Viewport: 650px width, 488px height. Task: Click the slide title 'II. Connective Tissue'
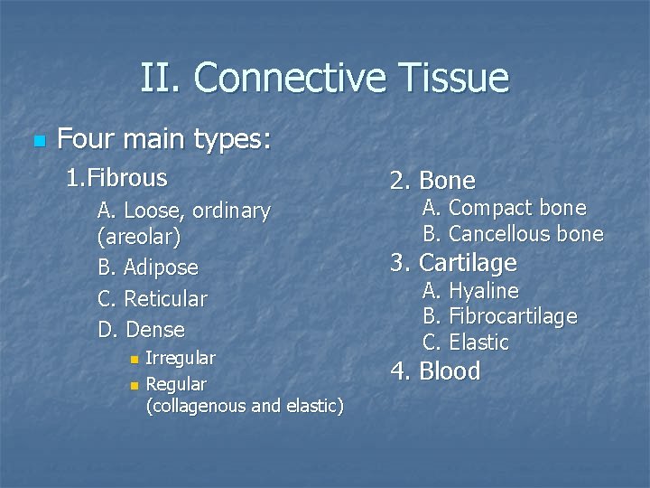pyautogui.click(x=324, y=79)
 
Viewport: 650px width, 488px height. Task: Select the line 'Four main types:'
pyautogui.click(x=163, y=139)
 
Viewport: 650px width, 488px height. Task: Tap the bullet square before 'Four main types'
pyautogui.click(x=37, y=142)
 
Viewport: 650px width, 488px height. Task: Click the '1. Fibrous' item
pyautogui.click(x=116, y=177)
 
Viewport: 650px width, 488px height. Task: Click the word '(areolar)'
pyautogui.click(x=139, y=237)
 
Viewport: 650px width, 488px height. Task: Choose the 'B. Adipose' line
pyautogui.click(x=147, y=267)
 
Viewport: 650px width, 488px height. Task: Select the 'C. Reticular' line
pyautogui.click(x=152, y=298)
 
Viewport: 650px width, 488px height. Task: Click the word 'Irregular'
pyautogui.click(x=181, y=359)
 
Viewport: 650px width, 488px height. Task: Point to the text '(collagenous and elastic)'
pyautogui.click(x=244, y=407)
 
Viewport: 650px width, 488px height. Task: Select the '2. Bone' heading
pyautogui.click(x=432, y=181)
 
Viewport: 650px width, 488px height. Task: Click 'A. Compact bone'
pyautogui.click(x=505, y=208)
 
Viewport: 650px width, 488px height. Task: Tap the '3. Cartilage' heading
pyautogui.click(x=453, y=263)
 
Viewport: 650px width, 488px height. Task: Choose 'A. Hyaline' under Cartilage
pyautogui.click(x=471, y=291)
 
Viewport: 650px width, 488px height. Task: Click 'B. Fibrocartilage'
pyautogui.click(x=500, y=316)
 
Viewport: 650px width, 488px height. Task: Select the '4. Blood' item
pyautogui.click(x=435, y=371)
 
